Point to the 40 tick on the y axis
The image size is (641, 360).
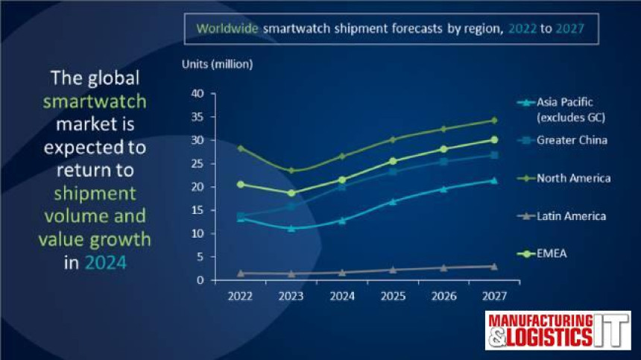coord(198,93)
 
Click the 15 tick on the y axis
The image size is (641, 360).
coord(198,210)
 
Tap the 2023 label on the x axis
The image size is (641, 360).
coord(291,295)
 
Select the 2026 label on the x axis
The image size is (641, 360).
coord(443,295)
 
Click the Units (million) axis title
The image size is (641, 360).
coord(218,64)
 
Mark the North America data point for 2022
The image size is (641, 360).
coord(241,148)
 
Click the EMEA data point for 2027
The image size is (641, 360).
coord(493,139)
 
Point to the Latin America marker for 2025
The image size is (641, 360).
coord(393,269)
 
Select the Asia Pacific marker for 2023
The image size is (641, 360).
coord(291,228)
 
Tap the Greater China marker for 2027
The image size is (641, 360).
coord(493,155)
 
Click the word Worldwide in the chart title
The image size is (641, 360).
coord(227,28)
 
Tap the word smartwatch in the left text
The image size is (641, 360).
coord(95,101)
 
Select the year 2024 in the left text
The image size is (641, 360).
coord(105,262)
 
